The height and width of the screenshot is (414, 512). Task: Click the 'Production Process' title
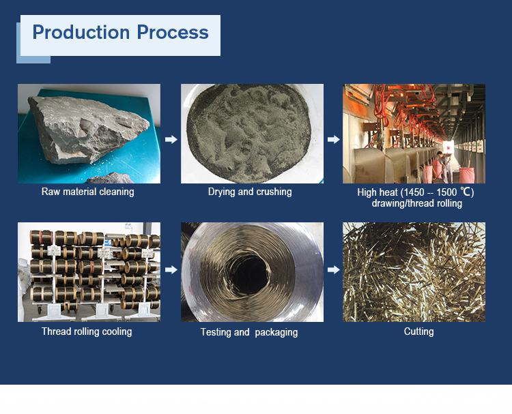(120, 33)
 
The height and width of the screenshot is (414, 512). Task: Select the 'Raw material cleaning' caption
(88, 192)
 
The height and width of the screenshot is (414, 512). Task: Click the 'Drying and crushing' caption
(250, 192)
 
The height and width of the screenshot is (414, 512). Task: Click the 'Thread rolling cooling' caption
(87, 331)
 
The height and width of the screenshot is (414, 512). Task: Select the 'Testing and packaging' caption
(249, 332)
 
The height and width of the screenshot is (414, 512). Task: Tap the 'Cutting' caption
(418, 331)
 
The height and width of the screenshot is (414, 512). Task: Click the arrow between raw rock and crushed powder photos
(171, 139)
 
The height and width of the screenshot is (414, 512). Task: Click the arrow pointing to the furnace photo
(333, 139)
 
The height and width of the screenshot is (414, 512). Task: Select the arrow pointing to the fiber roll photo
(171, 270)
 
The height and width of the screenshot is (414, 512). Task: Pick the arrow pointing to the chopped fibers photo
(333, 270)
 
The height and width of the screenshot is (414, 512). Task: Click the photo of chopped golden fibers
(414, 271)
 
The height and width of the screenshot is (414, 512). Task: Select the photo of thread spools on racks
(89, 271)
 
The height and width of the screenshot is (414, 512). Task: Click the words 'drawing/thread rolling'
(416, 203)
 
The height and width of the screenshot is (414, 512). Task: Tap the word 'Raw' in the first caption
(51, 192)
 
